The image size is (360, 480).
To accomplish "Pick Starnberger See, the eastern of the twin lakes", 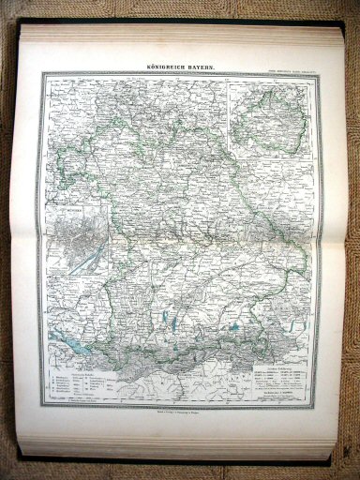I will point(181,325).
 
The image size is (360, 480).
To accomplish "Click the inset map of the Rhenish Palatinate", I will point(273,115).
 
